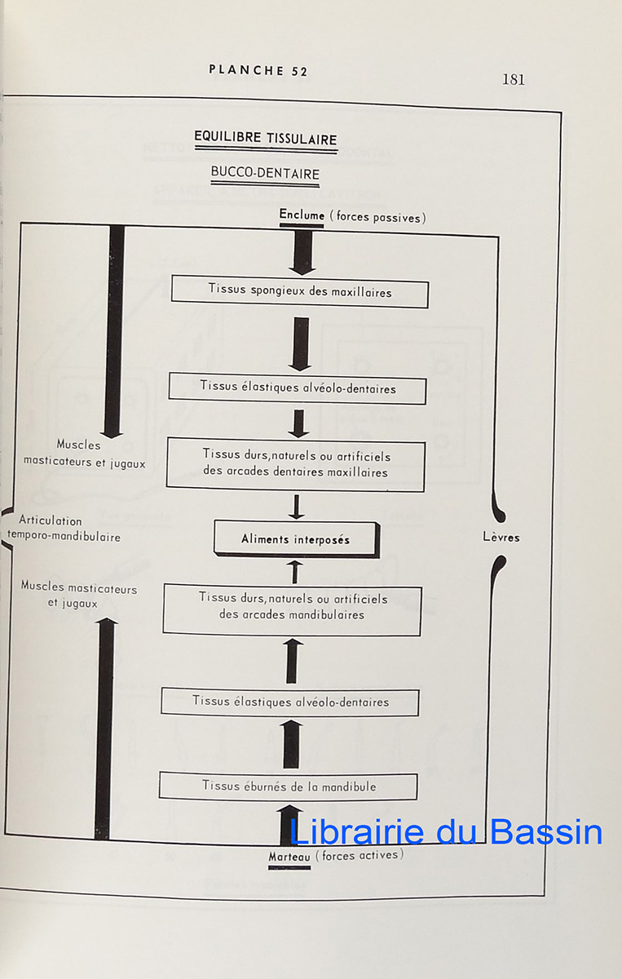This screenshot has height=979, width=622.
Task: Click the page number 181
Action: click(x=513, y=79)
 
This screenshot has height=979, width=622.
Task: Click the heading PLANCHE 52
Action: click(x=258, y=70)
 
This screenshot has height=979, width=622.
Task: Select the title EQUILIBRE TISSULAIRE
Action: click(x=265, y=138)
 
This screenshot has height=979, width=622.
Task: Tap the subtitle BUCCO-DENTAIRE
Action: click(x=265, y=173)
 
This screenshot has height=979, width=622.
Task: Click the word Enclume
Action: click(x=302, y=216)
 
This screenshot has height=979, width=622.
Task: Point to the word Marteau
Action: click(x=289, y=857)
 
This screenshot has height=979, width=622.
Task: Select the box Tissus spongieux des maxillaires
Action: click(x=299, y=292)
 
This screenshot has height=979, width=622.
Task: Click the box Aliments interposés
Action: click(x=296, y=539)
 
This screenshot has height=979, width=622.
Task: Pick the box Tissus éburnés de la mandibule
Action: click(x=289, y=786)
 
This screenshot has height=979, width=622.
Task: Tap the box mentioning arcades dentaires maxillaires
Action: click(x=296, y=464)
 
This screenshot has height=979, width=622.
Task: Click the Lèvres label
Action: click(x=501, y=538)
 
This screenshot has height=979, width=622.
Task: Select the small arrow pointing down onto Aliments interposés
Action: click(x=297, y=507)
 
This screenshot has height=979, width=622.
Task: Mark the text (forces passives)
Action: click(x=376, y=217)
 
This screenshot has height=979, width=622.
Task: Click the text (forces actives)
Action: click(x=359, y=856)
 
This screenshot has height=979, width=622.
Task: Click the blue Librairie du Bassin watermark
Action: click(x=446, y=832)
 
